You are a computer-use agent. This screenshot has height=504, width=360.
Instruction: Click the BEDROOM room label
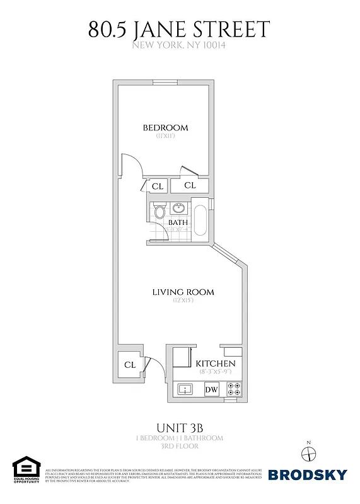[165, 128]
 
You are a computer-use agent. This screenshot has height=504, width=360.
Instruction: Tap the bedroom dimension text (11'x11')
[165, 136]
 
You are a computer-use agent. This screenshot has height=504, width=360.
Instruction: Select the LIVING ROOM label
[183, 292]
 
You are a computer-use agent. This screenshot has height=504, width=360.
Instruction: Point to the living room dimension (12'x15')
[183, 301]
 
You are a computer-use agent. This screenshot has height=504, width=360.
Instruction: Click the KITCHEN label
[216, 364]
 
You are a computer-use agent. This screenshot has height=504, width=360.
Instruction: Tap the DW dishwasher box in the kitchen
[211, 389]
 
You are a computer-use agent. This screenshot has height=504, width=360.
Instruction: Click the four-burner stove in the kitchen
[233, 389]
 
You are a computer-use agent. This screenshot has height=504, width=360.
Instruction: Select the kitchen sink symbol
[186, 389]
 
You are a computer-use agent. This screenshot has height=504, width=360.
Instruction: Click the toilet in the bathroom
[159, 210]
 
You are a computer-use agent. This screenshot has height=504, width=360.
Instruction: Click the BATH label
[177, 222]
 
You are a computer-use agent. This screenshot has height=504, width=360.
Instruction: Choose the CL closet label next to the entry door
[130, 365]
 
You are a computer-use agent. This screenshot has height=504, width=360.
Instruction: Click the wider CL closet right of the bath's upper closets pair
[190, 185]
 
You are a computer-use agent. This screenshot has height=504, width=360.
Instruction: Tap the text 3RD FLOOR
[179, 446]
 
